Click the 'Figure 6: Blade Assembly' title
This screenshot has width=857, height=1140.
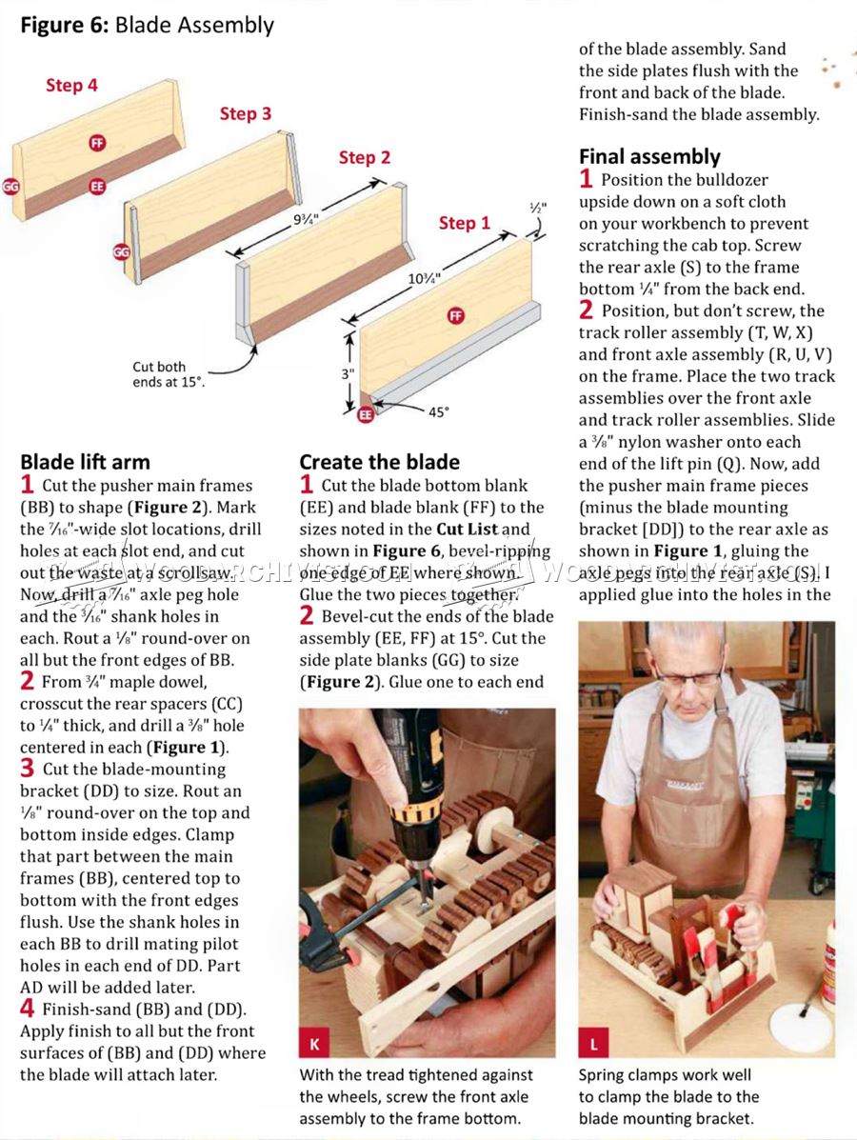[x=147, y=26]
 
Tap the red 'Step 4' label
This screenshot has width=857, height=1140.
[x=71, y=86]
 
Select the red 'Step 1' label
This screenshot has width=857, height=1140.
[x=464, y=223]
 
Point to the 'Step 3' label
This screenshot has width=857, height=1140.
[x=245, y=114]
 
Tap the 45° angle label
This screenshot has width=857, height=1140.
[x=437, y=412]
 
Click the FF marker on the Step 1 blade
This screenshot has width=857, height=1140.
[x=456, y=316]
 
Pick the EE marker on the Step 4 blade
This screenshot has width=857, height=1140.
[x=96, y=187]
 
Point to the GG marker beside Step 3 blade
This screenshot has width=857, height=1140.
[x=121, y=252]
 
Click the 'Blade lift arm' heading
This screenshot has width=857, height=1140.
[x=85, y=462]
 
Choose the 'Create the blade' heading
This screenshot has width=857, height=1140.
[x=380, y=462]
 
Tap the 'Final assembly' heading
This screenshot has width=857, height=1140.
[x=649, y=156]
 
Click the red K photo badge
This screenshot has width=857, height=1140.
[x=314, y=1043]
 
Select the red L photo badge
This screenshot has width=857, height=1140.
[x=594, y=1044]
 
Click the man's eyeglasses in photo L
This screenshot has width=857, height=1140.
[x=688, y=677]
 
